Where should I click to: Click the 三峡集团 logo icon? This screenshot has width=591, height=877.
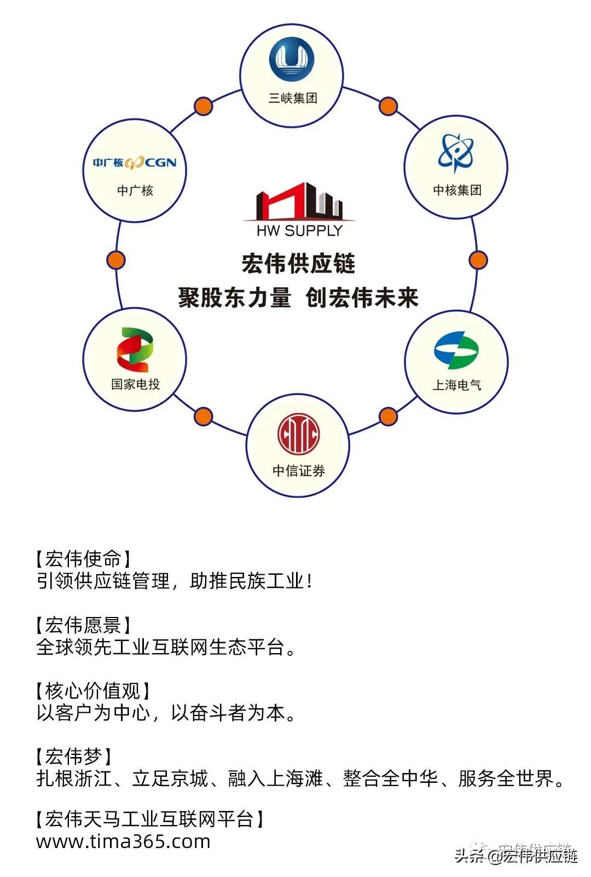(x=292, y=60)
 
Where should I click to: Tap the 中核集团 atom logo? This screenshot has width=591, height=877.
(x=456, y=152)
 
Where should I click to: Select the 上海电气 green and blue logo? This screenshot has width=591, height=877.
(x=456, y=350)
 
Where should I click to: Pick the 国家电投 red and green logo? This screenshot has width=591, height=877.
(x=135, y=350)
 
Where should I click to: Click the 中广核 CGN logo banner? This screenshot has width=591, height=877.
(x=135, y=163)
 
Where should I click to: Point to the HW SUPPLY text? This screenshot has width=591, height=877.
(x=299, y=230)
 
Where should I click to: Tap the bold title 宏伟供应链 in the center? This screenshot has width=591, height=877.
(x=299, y=263)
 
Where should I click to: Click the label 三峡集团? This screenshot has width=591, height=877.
(x=293, y=99)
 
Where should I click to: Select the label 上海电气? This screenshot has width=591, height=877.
(x=457, y=385)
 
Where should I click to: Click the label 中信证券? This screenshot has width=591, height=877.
(x=299, y=471)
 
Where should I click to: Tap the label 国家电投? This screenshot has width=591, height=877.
(x=135, y=384)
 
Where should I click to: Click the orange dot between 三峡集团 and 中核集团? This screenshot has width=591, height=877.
(x=388, y=106)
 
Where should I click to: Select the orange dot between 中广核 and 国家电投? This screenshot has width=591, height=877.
(x=115, y=260)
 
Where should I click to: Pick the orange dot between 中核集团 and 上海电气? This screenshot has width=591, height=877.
(x=478, y=260)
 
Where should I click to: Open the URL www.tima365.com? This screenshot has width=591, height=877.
(x=123, y=841)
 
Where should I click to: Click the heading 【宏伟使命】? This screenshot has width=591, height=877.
(x=83, y=559)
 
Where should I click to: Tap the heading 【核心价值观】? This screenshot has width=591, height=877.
(x=92, y=691)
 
